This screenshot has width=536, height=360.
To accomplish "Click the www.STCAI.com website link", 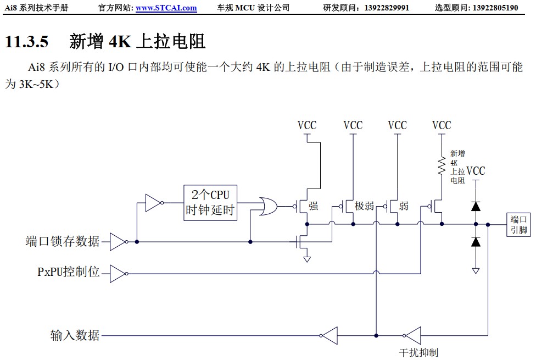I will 166,8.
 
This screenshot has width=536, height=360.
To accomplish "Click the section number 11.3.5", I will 26,41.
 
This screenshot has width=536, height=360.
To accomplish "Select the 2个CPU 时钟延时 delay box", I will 210,203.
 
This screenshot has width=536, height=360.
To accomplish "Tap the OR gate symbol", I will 268,207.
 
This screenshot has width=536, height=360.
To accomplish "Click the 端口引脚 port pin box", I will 518,224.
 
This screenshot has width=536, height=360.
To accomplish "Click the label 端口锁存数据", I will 63,241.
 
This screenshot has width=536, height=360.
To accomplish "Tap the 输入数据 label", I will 75,335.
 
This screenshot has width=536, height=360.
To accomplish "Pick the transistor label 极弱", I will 364,206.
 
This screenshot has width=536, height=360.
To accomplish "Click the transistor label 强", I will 314,206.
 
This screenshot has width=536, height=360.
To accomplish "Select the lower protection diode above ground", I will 476,241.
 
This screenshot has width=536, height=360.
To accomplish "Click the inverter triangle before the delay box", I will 153,203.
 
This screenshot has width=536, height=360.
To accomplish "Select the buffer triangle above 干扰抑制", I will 412,334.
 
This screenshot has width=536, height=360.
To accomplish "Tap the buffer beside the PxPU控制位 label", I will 118,273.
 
